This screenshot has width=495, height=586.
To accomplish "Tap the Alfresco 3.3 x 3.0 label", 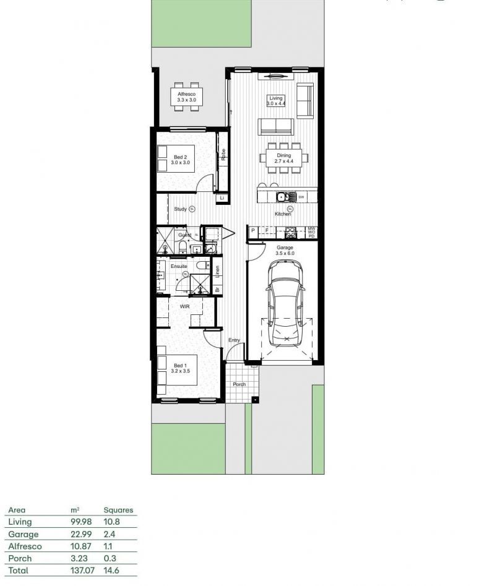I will [186, 97].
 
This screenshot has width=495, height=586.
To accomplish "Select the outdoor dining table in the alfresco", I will [186, 97].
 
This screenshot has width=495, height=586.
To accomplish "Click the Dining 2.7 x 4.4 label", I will [283, 158].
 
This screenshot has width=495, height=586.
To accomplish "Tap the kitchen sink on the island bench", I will [284, 197].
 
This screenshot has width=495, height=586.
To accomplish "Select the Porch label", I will [239, 384].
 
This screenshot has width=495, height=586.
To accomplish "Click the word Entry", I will [234, 340].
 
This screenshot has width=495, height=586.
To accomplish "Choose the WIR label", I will [184, 306].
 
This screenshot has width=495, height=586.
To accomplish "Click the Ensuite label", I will [179, 266].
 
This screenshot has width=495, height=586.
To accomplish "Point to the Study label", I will [180, 209].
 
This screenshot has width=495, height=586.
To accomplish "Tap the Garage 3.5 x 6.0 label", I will [285, 250].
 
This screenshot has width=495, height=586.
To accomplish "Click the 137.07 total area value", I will [83, 570].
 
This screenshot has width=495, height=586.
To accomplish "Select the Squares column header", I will [118, 510].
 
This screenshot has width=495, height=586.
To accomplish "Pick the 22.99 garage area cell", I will [82, 534].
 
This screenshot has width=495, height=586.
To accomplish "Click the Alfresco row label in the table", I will [25, 546].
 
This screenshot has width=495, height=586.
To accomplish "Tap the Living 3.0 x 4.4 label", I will [275, 100].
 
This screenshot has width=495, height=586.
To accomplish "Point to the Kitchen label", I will [283, 214].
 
